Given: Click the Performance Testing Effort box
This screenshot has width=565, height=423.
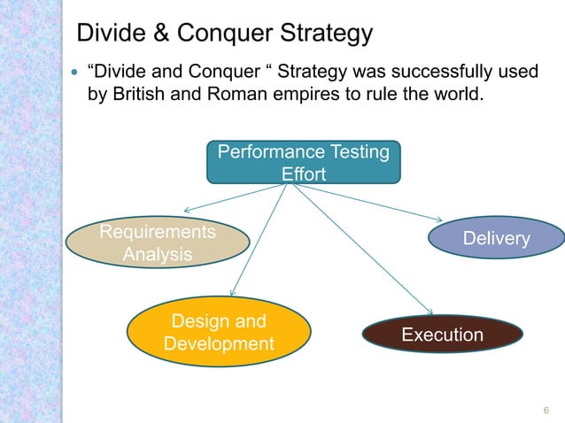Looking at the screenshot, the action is pyautogui.click(x=303, y=162).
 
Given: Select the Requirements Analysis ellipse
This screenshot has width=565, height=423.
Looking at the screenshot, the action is pyautogui.click(x=157, y=243).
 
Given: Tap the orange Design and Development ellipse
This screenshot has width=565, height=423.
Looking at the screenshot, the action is pyautogui.click(x=219, y=331).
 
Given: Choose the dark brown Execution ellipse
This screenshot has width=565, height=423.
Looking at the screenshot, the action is pyautogui.click(x=442, y=335).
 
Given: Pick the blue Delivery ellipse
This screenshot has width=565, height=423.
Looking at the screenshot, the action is pyautogui.click(x=496, y=239).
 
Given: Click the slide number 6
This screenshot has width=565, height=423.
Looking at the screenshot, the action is pyautogui.click(x=546, y=409).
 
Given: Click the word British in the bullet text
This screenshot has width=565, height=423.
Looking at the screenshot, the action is pyautogui.click(x=138, y=95).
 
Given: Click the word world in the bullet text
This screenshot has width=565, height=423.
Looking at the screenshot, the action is pyautogui.click(x=460, y=95).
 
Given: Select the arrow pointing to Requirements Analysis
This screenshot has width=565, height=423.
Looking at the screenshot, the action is pyautogui.click(x=235, y=197).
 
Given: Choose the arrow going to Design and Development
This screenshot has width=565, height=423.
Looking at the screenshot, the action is pyautogui.click(x=259, y=239).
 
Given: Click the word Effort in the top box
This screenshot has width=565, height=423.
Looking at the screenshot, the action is pyautogui.click(x=303, y=174).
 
